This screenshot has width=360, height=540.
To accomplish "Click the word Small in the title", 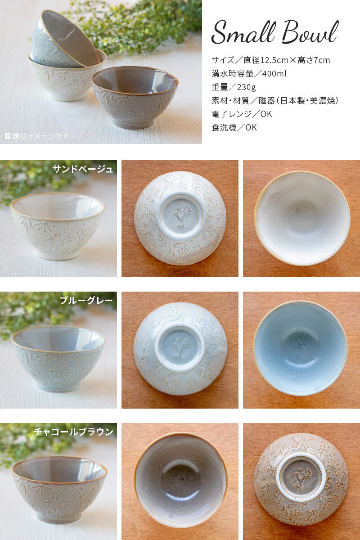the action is coord(243,32).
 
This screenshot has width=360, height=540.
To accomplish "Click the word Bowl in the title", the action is coord(310,32).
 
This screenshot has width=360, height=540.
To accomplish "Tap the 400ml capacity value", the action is coord(274,73).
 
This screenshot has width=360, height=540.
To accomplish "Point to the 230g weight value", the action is coord(246,87).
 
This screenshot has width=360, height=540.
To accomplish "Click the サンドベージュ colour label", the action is coord(83,169).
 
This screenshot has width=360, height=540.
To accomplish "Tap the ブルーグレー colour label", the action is coord(86,301).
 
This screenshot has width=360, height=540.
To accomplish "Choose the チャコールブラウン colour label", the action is coord(73,432).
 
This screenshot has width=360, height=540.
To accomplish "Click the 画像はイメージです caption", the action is coord(36,136).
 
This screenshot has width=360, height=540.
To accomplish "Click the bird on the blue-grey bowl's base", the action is coord(180,347).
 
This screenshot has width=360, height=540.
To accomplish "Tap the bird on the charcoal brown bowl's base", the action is coord(301,478).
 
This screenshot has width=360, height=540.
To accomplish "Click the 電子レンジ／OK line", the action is coord(242,114).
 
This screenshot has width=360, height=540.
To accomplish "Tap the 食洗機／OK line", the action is coord(234,127).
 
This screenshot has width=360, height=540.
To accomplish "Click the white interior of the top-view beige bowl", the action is coord(302,218).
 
